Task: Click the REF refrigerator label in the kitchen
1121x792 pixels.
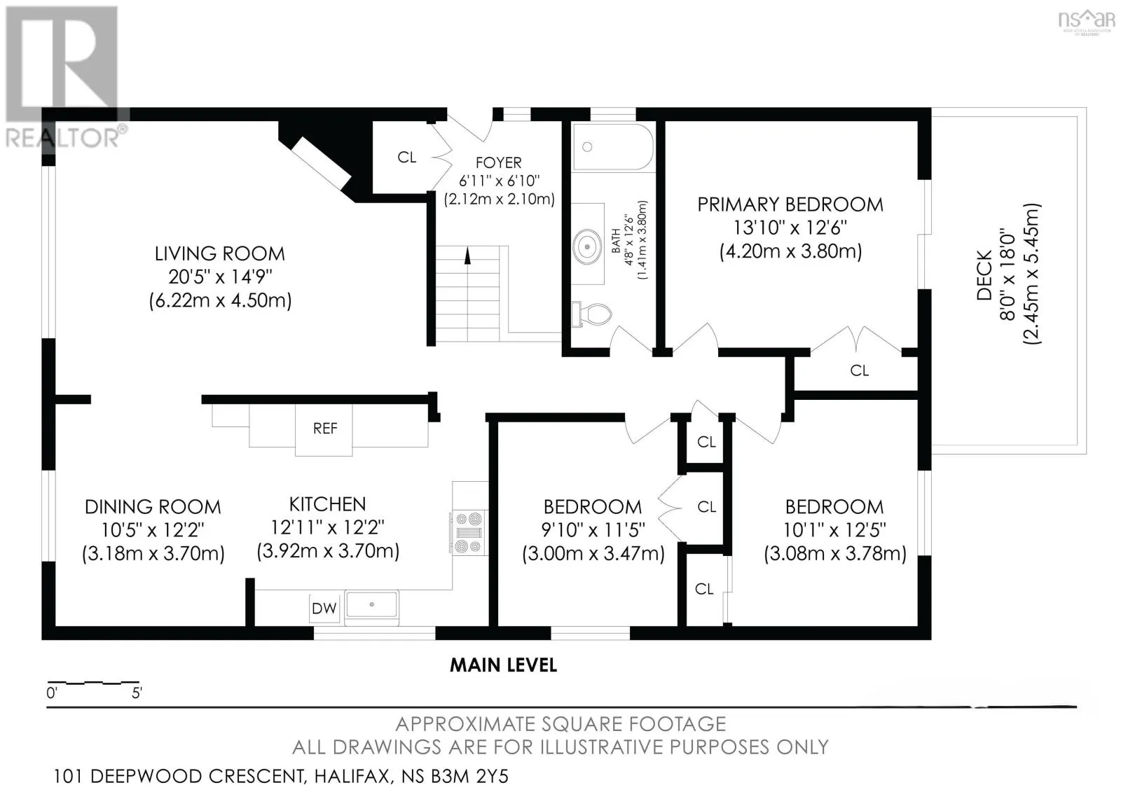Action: point(325,429)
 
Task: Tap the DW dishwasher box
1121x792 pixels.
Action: point(324,609)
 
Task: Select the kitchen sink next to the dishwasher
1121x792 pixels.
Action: point(372,605)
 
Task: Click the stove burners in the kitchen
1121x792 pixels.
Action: point(469,532)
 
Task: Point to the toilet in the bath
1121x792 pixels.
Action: point(592,314)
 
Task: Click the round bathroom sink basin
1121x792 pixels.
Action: point(588,246)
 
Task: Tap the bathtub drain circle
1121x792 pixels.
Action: point(588,146)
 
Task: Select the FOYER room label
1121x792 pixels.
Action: point(498,162)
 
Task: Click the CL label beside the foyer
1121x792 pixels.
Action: point(407,157)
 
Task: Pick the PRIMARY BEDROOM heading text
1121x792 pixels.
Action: point(790,204)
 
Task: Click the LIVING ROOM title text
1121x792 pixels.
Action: point(220,253)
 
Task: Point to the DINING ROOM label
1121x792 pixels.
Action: point(153,507)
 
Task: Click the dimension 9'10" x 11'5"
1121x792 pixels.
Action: point(593,530)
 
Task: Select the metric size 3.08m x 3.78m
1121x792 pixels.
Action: point(835,554)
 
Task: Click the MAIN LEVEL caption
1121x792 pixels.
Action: point(504,665)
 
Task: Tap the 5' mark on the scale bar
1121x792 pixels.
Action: point(137,693)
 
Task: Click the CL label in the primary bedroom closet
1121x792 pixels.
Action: point(859,370)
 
